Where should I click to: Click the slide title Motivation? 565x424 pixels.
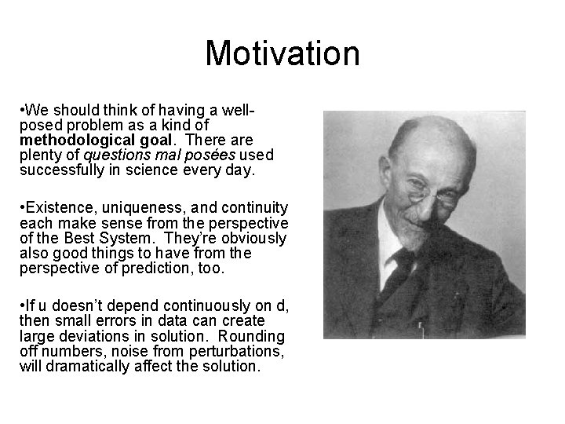(282, 53)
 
